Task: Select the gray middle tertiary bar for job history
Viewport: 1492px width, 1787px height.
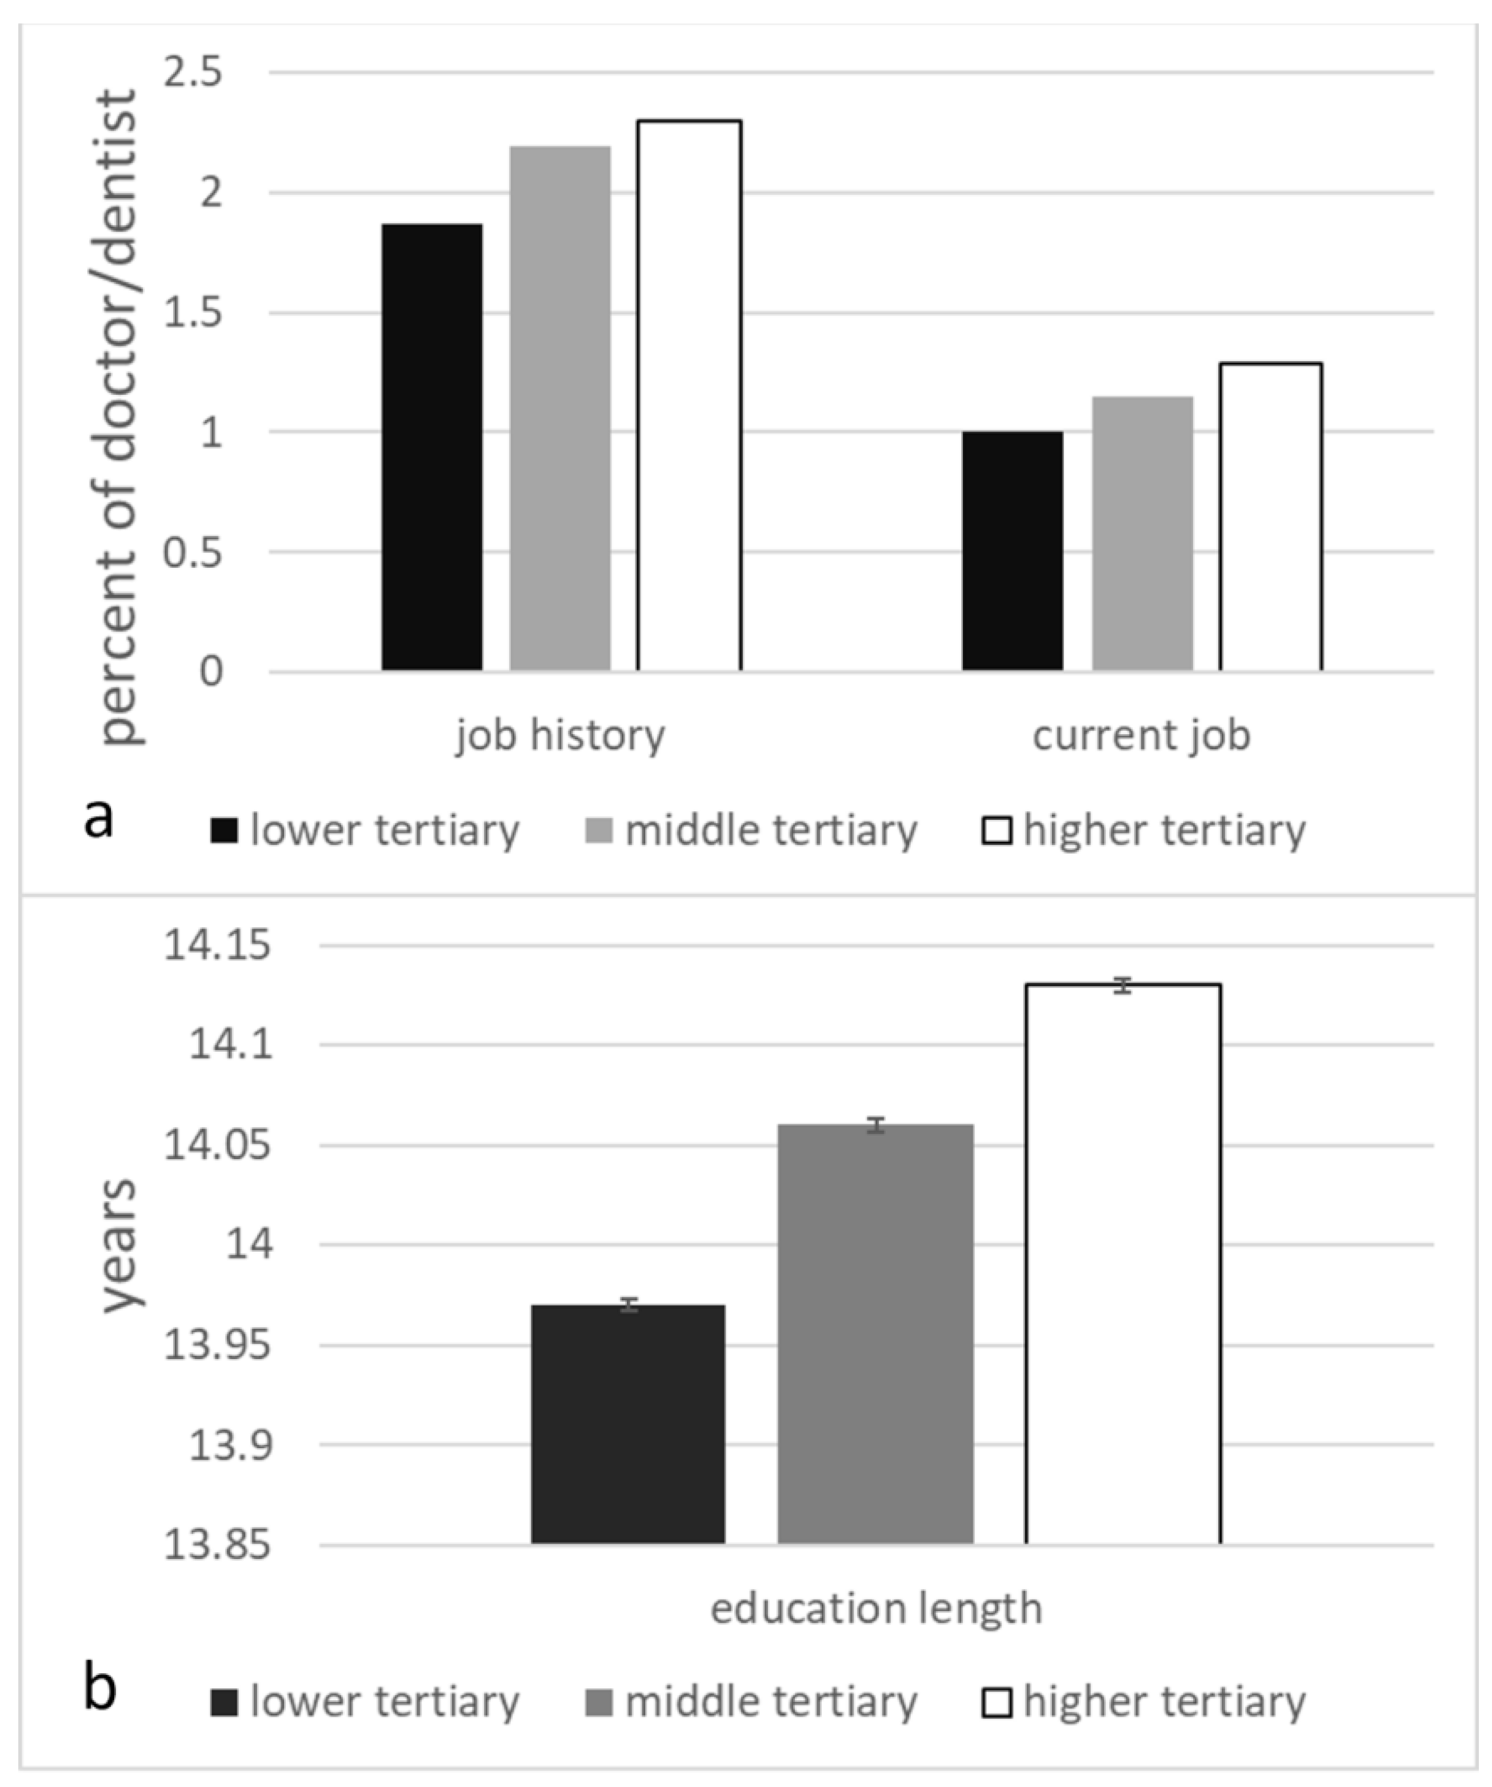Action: (559, 408)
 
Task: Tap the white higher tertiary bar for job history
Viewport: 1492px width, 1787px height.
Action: (689, 396)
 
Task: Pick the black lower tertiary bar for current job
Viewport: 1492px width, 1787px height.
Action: (1012, 551)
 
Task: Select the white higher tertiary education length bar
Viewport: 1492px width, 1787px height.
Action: (1123, 1264)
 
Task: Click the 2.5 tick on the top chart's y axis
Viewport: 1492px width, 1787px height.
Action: (193, 73)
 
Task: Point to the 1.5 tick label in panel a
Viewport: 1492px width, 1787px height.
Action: (193, 313)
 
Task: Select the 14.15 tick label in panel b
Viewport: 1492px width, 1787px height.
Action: (218, 945)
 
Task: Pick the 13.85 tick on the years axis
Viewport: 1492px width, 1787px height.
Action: (218, 1544)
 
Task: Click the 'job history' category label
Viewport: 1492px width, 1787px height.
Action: (559, 735)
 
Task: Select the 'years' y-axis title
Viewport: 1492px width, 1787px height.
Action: (119, 1244)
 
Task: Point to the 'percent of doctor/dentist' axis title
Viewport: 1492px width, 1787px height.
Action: (119, 417)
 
